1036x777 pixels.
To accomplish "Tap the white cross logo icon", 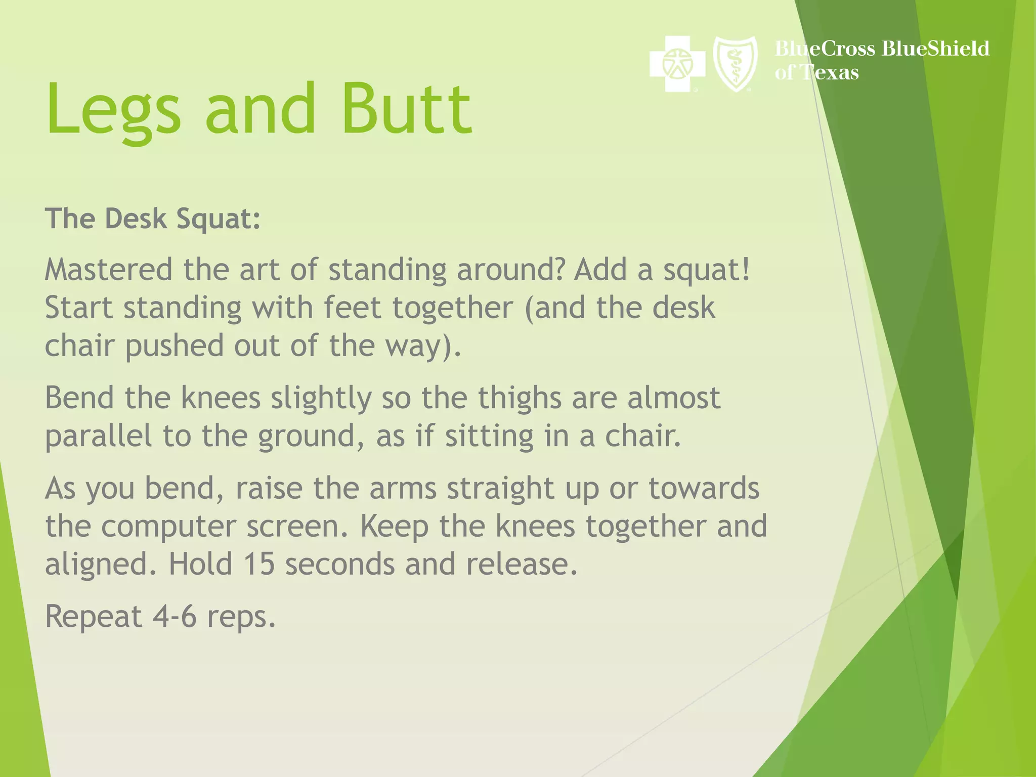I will pyautogui.click(x=677, y=64).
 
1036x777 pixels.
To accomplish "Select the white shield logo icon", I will pyautogui.click(x=735, y=64).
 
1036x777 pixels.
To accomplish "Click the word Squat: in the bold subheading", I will pyautogui.click(x=218, y=219).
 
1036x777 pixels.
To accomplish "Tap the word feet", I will pyautogui.click(x=352, y=308).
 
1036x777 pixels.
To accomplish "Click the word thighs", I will pyautogui.click(x=520, y=398).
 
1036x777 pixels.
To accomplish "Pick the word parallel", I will pyautogui.click(x=98, y=436).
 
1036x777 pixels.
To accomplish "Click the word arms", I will pyautogui.click(x=403, y=488).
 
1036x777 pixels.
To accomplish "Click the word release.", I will pyautogui.click(x=521, y=564).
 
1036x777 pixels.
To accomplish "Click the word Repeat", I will pyautogui.click(x=94, y=617).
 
